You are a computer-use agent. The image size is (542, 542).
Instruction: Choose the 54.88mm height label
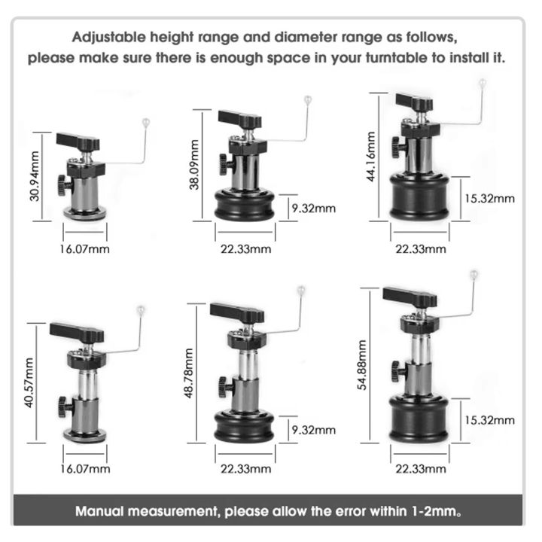[x=362, y=365]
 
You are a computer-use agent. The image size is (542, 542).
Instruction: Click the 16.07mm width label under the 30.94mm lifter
[x=84, y=248]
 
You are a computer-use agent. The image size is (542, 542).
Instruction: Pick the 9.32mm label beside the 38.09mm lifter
[x=315, y=209]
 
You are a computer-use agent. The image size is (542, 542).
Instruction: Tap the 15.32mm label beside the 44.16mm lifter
[x=489, y=198]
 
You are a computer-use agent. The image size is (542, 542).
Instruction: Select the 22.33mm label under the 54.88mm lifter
[x=419, y=469]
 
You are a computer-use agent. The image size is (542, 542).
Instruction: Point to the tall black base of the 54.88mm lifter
[x=419, y=418]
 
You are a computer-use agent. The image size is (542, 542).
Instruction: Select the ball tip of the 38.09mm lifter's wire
[x=306, y=99]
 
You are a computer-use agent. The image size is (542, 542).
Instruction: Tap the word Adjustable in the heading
[x=108, y=36]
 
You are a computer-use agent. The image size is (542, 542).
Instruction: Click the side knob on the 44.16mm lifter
[x=397, y=145]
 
